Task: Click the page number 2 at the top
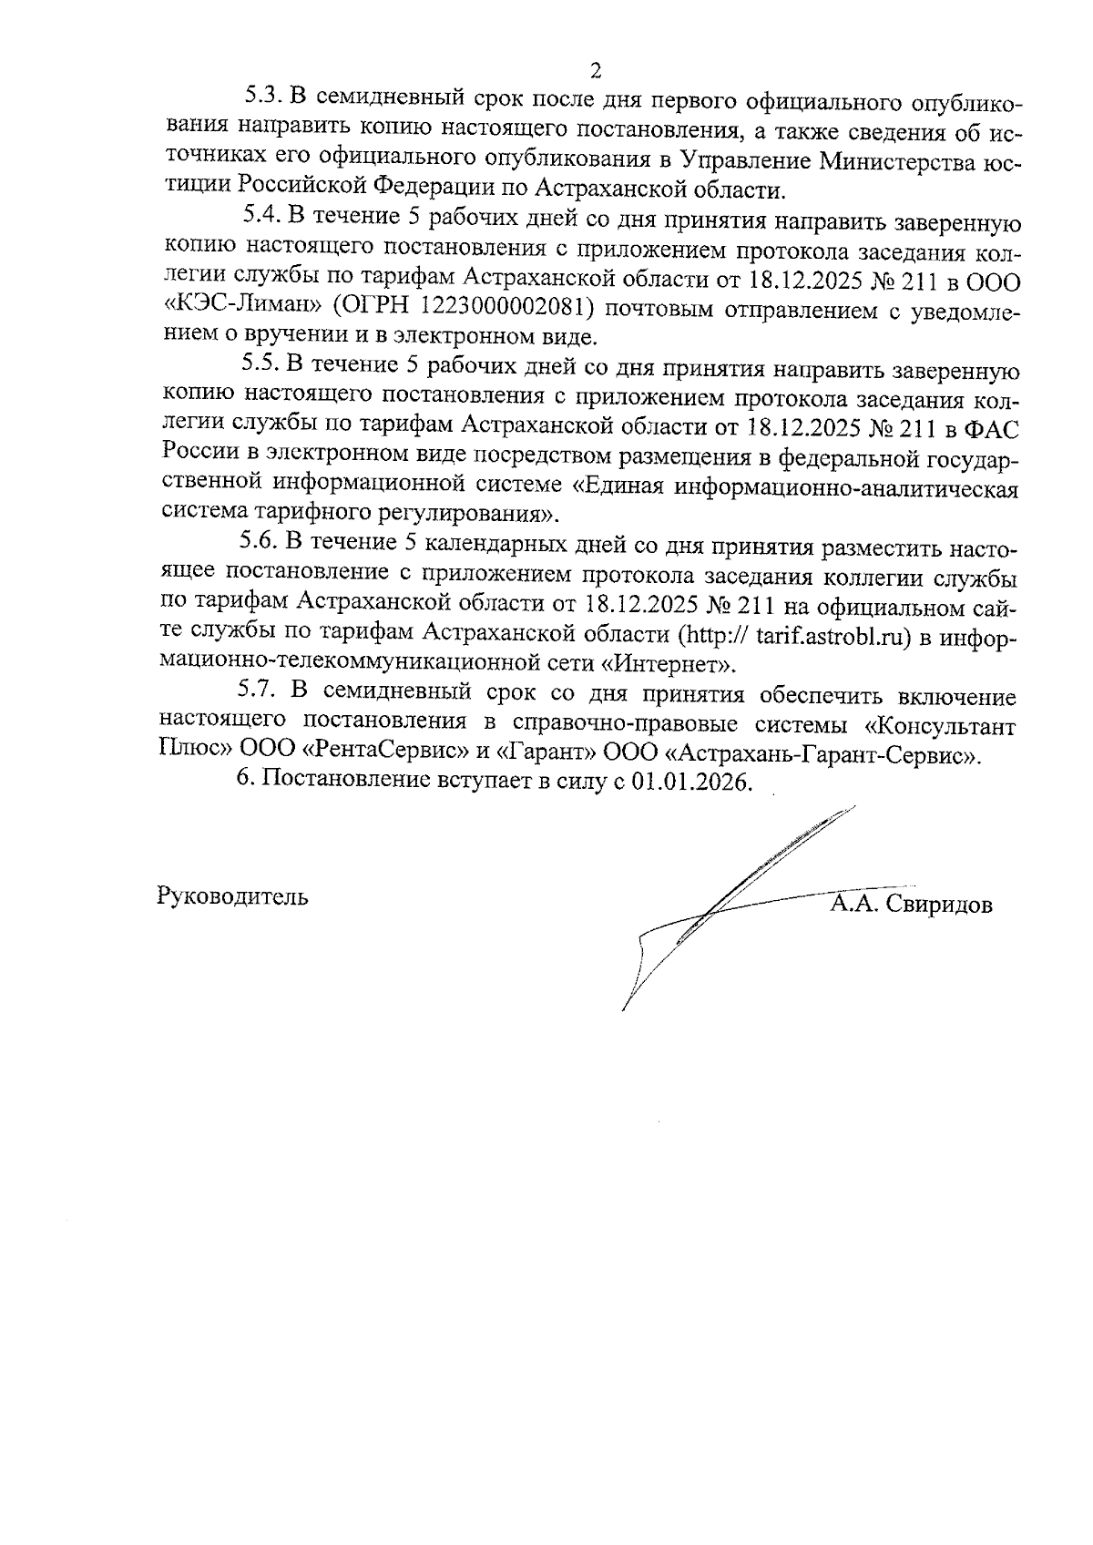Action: tap(596, 70)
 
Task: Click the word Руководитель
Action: tap(232, 896)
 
